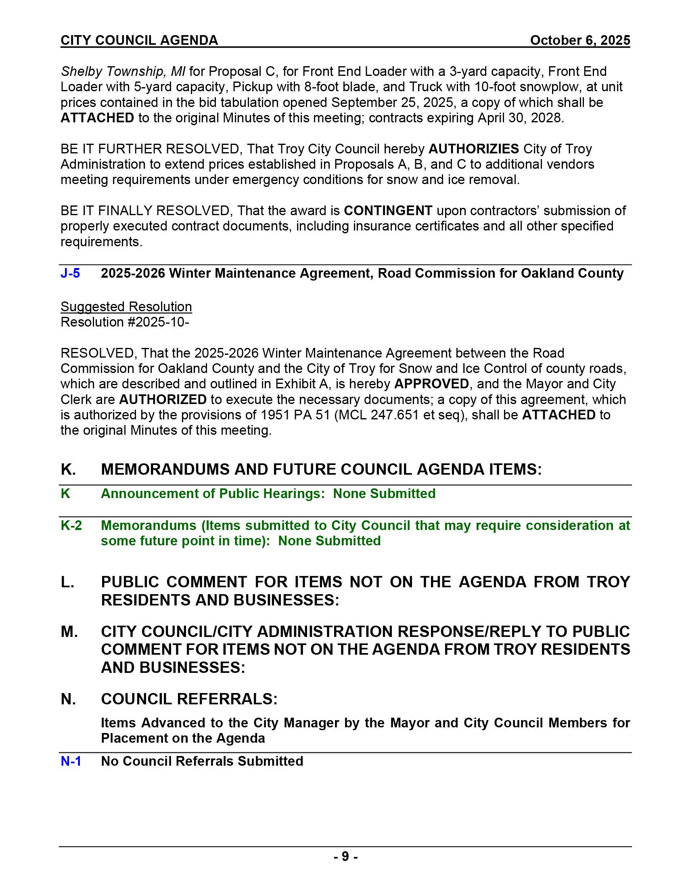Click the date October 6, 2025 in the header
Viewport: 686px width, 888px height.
tap(580, 40)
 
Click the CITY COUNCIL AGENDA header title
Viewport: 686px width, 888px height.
tap(139, 40)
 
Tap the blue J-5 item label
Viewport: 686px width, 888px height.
tap(70, 273)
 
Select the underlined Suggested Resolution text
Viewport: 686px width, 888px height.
tap(126, 307)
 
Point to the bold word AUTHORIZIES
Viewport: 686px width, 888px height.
tap(473, 149)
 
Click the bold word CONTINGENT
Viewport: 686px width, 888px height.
tap(388, 211)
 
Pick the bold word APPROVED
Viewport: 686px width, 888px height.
tap(431, 384)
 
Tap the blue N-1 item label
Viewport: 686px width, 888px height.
tap(71, 761)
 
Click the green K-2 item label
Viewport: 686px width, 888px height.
tap(71, 525)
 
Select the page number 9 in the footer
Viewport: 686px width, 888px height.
tap(345, 856)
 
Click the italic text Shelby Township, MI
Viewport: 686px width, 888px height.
tap(123, 71)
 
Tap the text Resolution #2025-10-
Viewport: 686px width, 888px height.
tap(125, 322)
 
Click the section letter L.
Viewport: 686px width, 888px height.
tap(67, 582)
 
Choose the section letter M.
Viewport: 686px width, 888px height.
tap(69, 631)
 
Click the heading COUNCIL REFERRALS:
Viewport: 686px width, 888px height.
tap(189, 699)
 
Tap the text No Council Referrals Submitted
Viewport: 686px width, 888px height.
tap(202, 761)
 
